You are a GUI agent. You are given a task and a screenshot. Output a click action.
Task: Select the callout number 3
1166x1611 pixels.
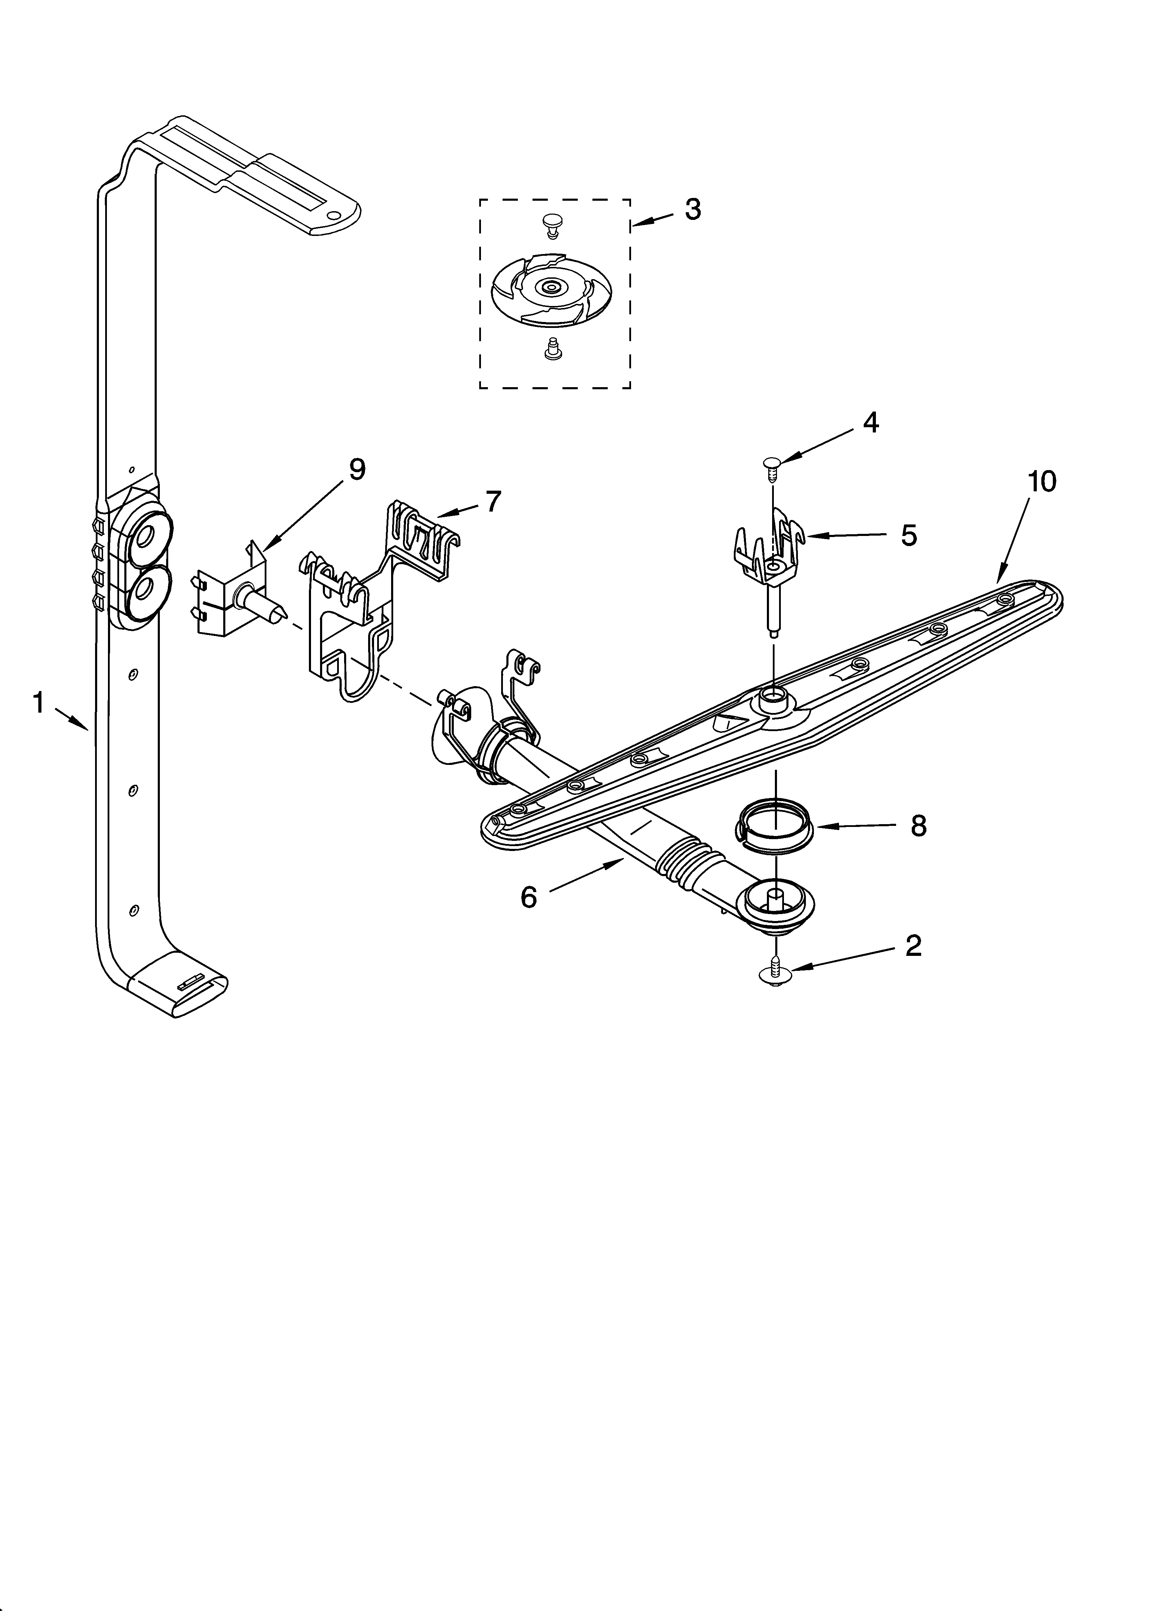tap(692, 209)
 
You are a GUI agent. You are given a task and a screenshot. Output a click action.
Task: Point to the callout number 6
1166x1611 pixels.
tap(529, 897)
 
